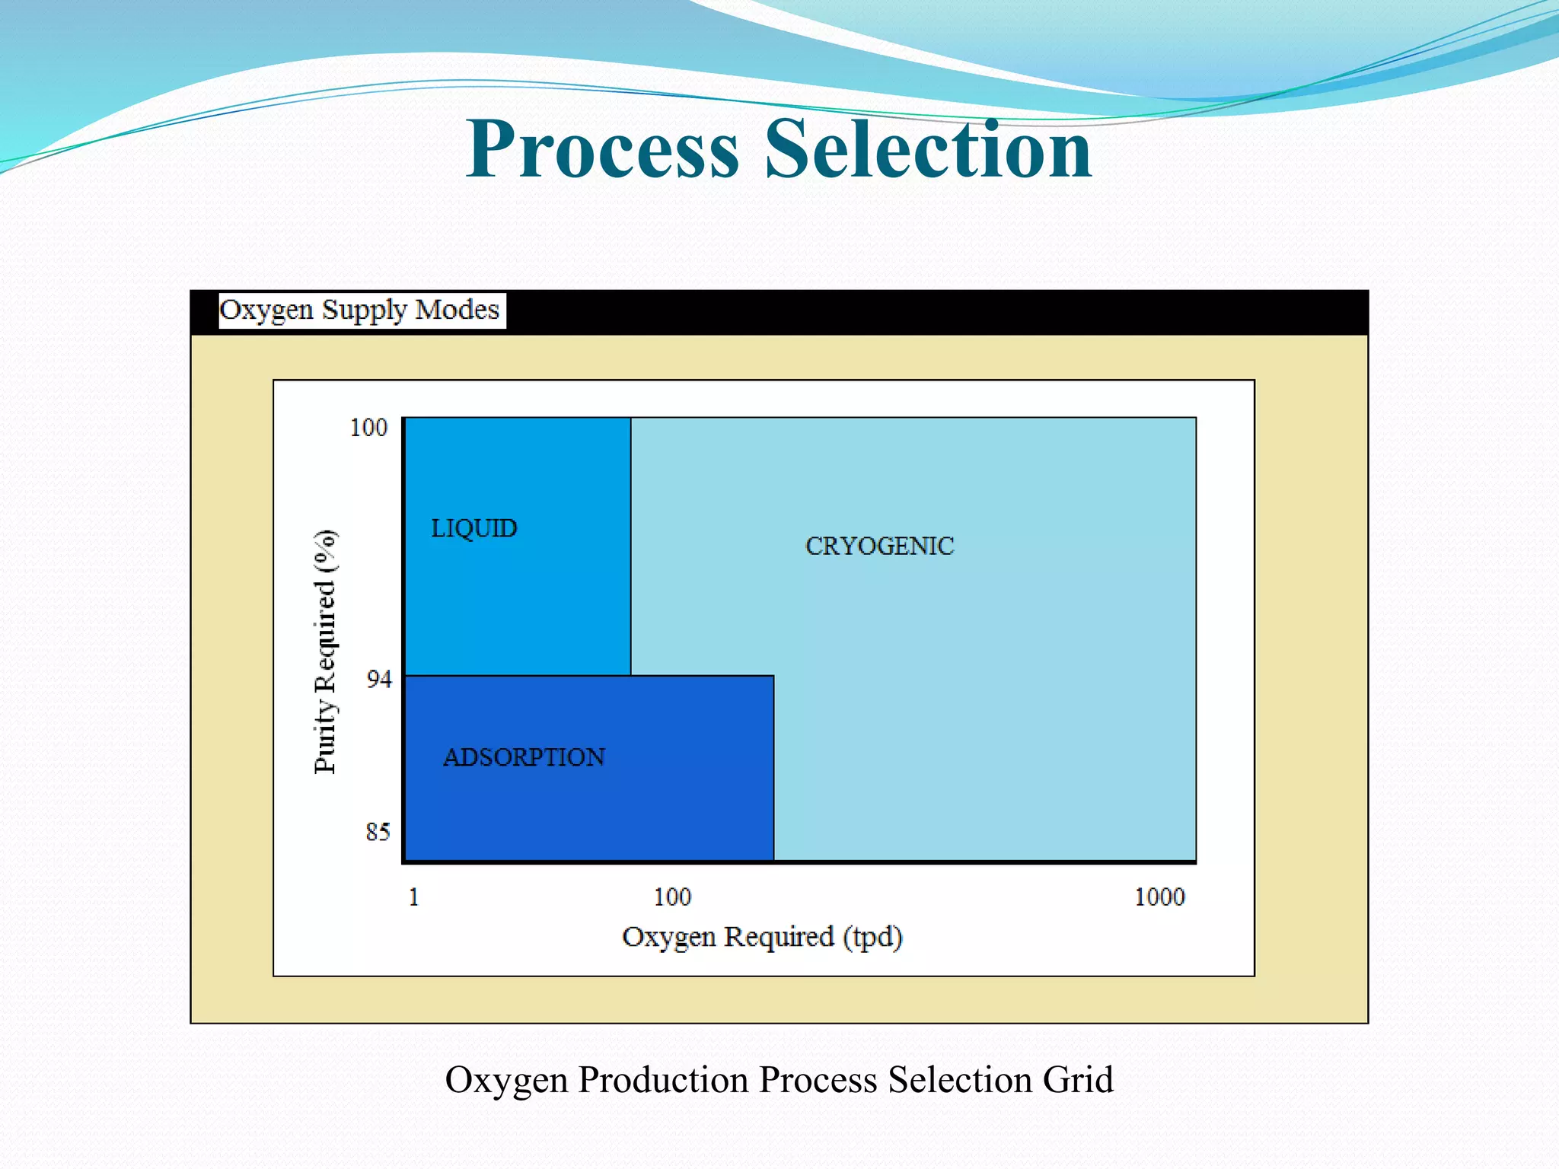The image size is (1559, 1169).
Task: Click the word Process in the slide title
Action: [602, 149]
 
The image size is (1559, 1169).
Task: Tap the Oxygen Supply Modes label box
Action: [362, 311]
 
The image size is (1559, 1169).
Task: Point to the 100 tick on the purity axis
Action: [368, 428]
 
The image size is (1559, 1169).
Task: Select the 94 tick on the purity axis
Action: [378, 679]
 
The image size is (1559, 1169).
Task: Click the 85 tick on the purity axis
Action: [378, 832]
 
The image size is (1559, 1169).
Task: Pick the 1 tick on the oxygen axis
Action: [413, 897]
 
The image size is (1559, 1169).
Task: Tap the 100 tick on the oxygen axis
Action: [672, 897]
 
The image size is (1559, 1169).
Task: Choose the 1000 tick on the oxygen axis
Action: [1159, 897]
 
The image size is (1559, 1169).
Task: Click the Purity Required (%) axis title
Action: [325, 651]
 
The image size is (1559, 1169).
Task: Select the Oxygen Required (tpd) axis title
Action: [762, 937]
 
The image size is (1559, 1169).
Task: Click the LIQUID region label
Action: [474, 528]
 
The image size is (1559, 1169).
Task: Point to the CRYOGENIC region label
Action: [879, 546]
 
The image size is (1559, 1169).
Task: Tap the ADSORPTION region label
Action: [524, 757]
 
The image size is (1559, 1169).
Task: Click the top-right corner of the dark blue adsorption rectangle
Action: [773, 676]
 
